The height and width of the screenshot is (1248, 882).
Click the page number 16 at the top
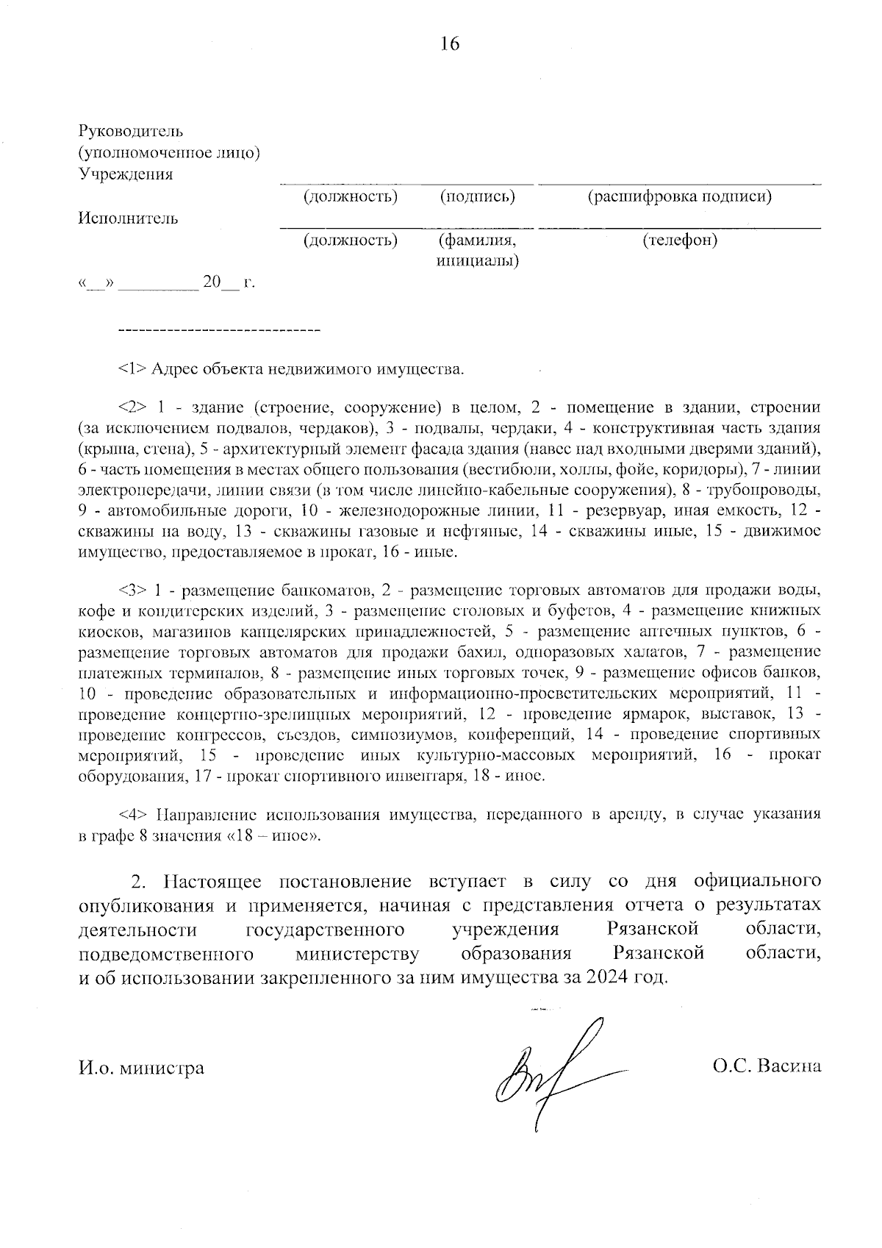[x=450, y=44]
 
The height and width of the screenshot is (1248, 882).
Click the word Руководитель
[x=130, y=132]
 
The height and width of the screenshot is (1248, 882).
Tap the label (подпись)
[x=478, y=196]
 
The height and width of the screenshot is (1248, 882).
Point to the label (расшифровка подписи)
[x=679, y=196]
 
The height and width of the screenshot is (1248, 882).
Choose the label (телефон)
[x=680, y=240]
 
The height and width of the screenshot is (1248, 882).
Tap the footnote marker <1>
[x=132, y=368]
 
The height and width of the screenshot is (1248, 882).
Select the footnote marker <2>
[x=132, y=407]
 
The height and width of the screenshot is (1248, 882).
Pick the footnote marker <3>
[x=132, y=590]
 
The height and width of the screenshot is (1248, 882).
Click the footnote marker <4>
[x=132, y=814]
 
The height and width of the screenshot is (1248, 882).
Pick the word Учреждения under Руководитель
[x=126, y=174]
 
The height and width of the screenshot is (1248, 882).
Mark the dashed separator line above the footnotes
[x=219, y=329]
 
